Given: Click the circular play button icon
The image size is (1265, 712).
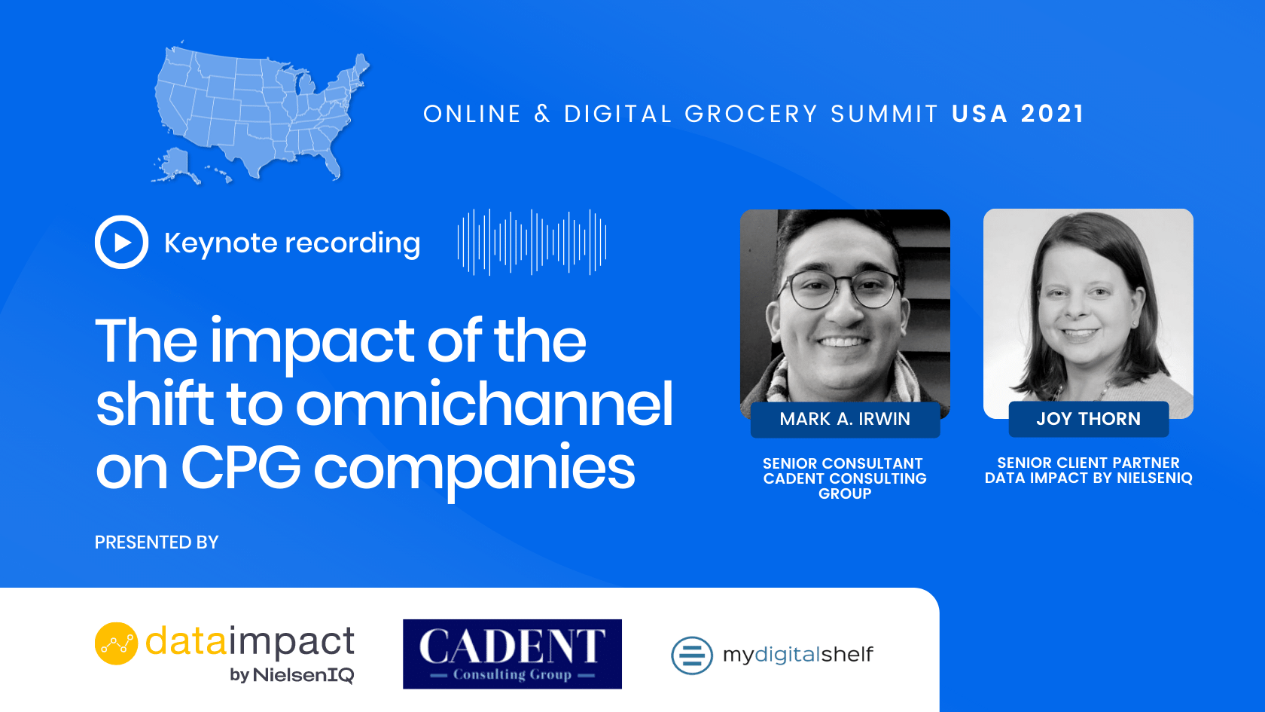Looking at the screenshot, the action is (x=121, y=242).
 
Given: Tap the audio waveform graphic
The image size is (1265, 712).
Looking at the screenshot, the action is (x=532, y=242).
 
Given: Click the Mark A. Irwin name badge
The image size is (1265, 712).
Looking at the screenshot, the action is (x=845, y=419).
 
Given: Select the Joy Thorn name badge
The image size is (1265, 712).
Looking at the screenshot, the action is (x=1088, y=419).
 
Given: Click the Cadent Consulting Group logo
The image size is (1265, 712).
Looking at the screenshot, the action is (x=512, y=654).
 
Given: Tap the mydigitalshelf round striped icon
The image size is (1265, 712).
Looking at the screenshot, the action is (x=692, y=655).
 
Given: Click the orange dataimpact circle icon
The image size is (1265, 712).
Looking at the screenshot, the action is (x=116, y=643).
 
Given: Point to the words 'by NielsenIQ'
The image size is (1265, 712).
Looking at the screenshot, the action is (x=292, y=675).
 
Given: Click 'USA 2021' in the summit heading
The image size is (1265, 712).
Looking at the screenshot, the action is (x=1018, y=115).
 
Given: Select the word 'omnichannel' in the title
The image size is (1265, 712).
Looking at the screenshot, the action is (x=484, y=404).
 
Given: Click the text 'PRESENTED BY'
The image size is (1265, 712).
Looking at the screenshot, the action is (x=157, y=542).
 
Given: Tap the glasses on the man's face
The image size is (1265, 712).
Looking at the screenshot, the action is (x=839, y=289).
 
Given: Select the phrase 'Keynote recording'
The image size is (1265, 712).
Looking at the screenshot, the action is (x=292, y=243).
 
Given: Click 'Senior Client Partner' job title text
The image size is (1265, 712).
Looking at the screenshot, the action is (x=1088, y=463).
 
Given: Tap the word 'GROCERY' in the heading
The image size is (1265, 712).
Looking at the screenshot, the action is (x=751, y=115).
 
